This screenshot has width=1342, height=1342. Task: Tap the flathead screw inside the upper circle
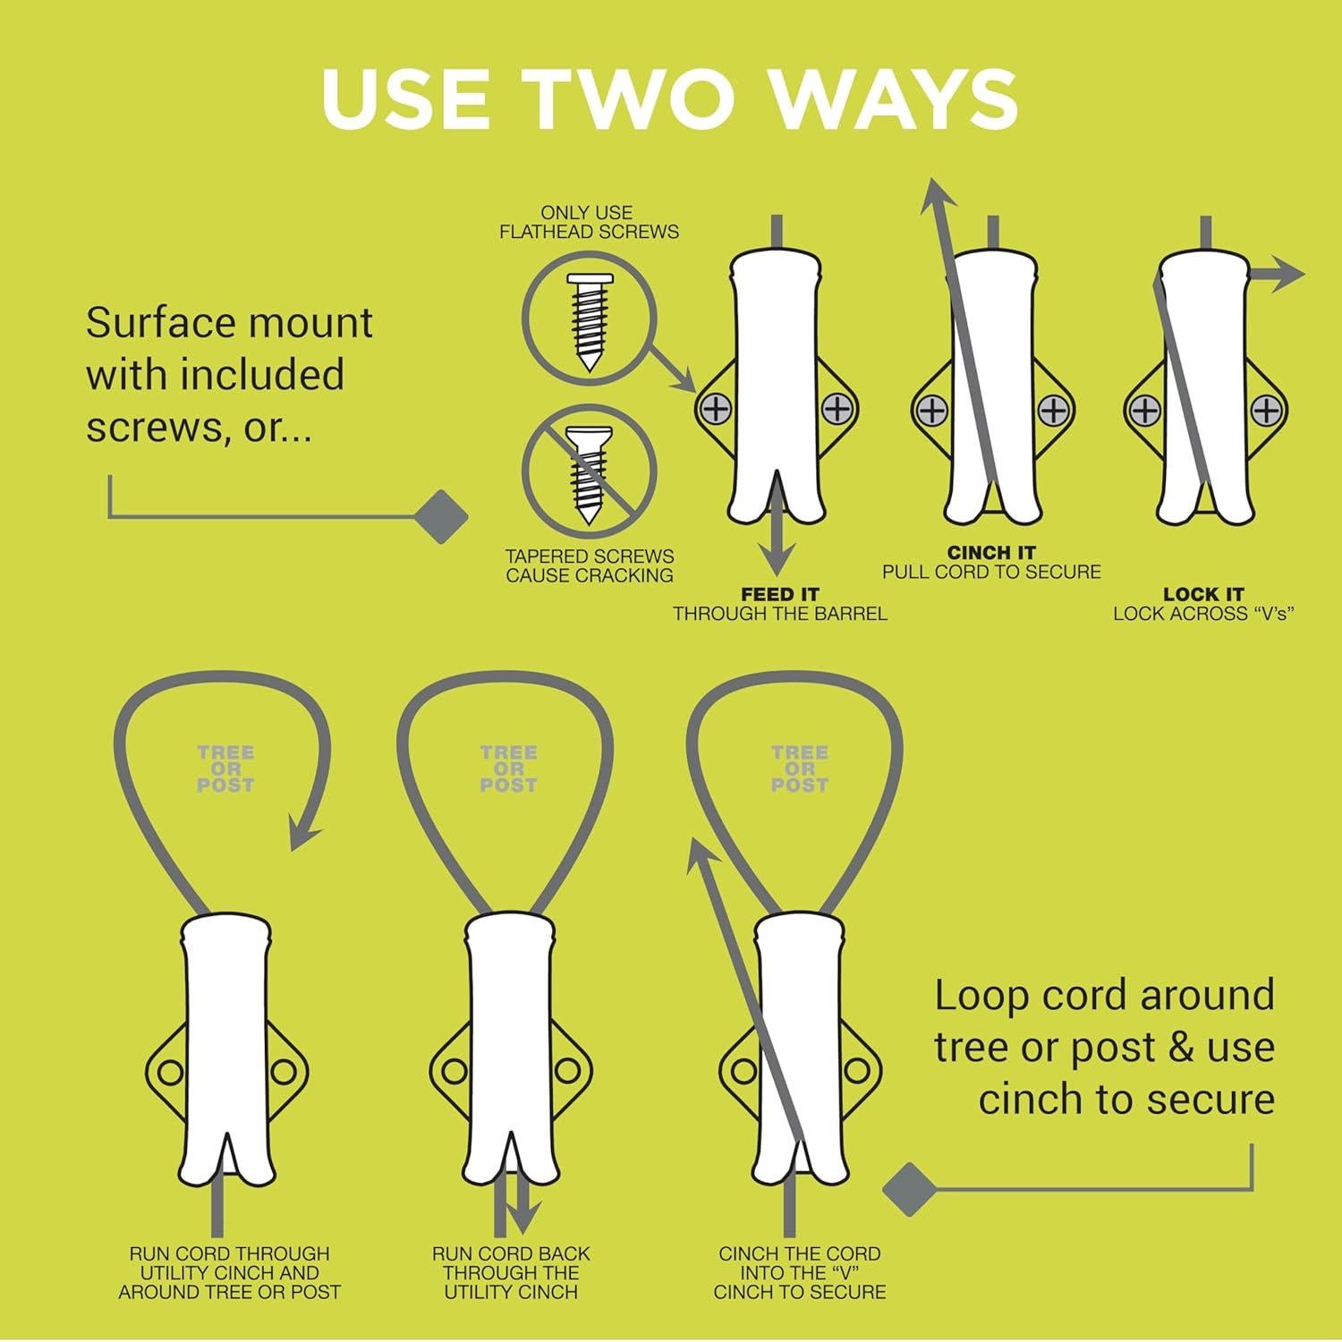589,323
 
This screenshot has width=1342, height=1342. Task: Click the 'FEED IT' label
779,594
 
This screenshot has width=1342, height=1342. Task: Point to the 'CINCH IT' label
991,553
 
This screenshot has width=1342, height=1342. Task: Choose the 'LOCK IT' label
1203,594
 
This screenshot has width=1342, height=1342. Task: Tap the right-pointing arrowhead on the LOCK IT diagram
1288,275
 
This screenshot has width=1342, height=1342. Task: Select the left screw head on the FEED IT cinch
717,410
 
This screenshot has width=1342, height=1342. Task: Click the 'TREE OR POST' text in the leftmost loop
225,769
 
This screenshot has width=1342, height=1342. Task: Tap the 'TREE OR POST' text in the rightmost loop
799,769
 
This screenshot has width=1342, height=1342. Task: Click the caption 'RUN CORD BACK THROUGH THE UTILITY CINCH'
511,1272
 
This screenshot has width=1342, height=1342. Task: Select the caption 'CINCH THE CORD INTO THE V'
799,1272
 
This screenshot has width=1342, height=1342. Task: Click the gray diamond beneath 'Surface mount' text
442,516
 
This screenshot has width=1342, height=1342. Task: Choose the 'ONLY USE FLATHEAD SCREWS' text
589,222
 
